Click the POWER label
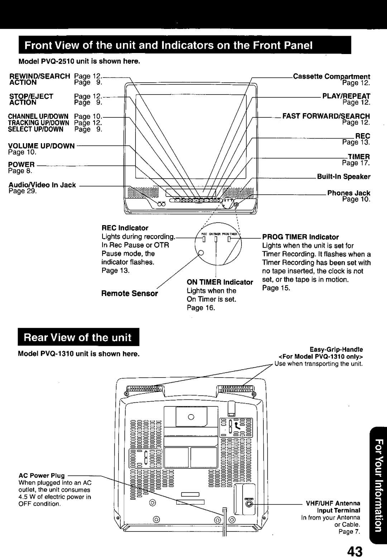(x=22, y=165)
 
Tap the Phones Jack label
(x=348, y=193)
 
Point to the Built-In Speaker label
(x=344, y=176)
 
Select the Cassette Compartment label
(x=331, y=76)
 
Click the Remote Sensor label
(x=129, y=293)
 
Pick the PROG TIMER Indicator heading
(x=300, y=237)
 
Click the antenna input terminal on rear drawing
(x=250, y=504)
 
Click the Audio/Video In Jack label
(x=42, y=185)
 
